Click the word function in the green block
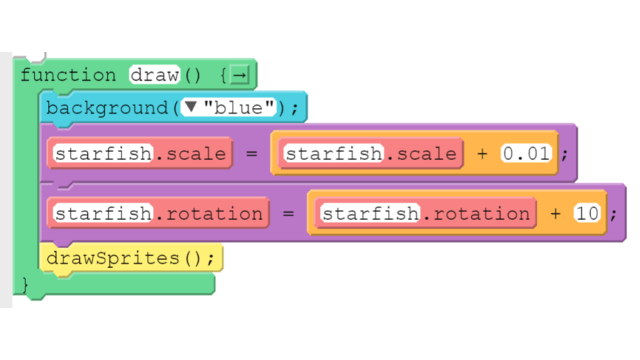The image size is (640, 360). coord(68,75)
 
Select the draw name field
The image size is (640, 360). coord(155,75)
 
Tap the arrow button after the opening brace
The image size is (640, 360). coord(239,75)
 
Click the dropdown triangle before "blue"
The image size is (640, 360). coord(191,107)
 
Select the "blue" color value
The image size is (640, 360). coord(239,108)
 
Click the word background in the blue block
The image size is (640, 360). coord(107,109)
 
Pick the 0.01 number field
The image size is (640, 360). coord(527,154)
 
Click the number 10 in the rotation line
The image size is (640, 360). coord(587,213)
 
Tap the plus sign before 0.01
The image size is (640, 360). coord(483,154)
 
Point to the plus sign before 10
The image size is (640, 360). coord(555,213)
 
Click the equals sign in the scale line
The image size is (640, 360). coord(252,154)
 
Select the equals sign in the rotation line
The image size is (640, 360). coord(289,213)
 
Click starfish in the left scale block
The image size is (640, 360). coord(103,154)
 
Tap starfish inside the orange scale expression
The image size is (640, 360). coord(334,154)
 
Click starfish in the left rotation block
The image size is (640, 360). coord(103,213)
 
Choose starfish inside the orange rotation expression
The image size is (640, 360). coord(371,213)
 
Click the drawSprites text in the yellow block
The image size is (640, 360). coord(113,259)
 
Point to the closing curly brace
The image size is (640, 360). coord(25,285)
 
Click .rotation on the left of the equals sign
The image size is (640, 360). coord(209,213)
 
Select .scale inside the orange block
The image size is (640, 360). coord(421,154)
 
